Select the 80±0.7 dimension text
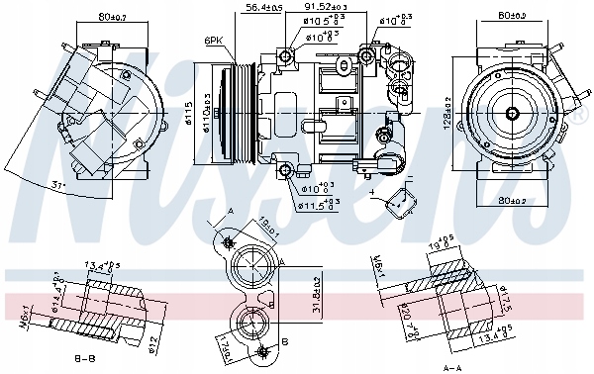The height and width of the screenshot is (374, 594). (x=92, y=16)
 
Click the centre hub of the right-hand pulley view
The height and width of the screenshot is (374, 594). (x=515, y=114)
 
